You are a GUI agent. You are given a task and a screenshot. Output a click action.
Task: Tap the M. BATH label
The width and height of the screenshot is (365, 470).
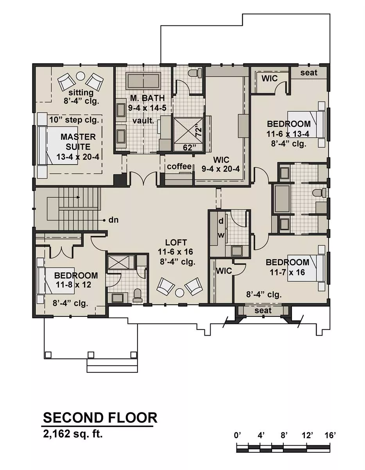[147, 98]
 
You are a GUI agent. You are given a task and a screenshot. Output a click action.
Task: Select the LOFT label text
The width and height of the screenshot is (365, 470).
[176, 242]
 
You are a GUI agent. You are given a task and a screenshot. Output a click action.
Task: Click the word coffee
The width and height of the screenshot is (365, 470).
[179, 166]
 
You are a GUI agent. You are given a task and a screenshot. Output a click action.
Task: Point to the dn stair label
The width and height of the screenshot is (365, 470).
[113, 220]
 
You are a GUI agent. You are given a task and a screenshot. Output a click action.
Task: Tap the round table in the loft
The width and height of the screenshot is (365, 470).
[179, 293]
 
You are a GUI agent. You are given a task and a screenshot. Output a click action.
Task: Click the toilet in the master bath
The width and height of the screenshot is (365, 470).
[195, 73]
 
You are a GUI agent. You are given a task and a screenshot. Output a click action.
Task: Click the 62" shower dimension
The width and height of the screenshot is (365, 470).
[190, 148]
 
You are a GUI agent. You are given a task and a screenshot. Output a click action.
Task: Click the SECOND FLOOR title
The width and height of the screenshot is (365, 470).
[100, 418]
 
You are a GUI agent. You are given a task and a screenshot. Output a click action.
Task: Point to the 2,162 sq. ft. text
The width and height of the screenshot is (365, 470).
[73, 434]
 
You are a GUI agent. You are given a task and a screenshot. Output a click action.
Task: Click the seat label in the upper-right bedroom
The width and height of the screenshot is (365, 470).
[309, 73]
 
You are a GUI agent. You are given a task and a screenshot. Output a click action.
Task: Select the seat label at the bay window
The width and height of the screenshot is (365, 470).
[263, 311]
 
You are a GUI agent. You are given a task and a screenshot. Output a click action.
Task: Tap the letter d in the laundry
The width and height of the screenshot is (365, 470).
[221, 221]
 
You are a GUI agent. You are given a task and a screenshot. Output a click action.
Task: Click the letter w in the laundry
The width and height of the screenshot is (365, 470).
[221, 235]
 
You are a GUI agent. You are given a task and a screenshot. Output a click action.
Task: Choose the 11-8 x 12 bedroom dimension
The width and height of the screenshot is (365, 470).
[73, 285]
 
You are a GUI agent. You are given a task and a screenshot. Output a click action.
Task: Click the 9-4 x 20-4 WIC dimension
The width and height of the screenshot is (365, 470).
[221, 169]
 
